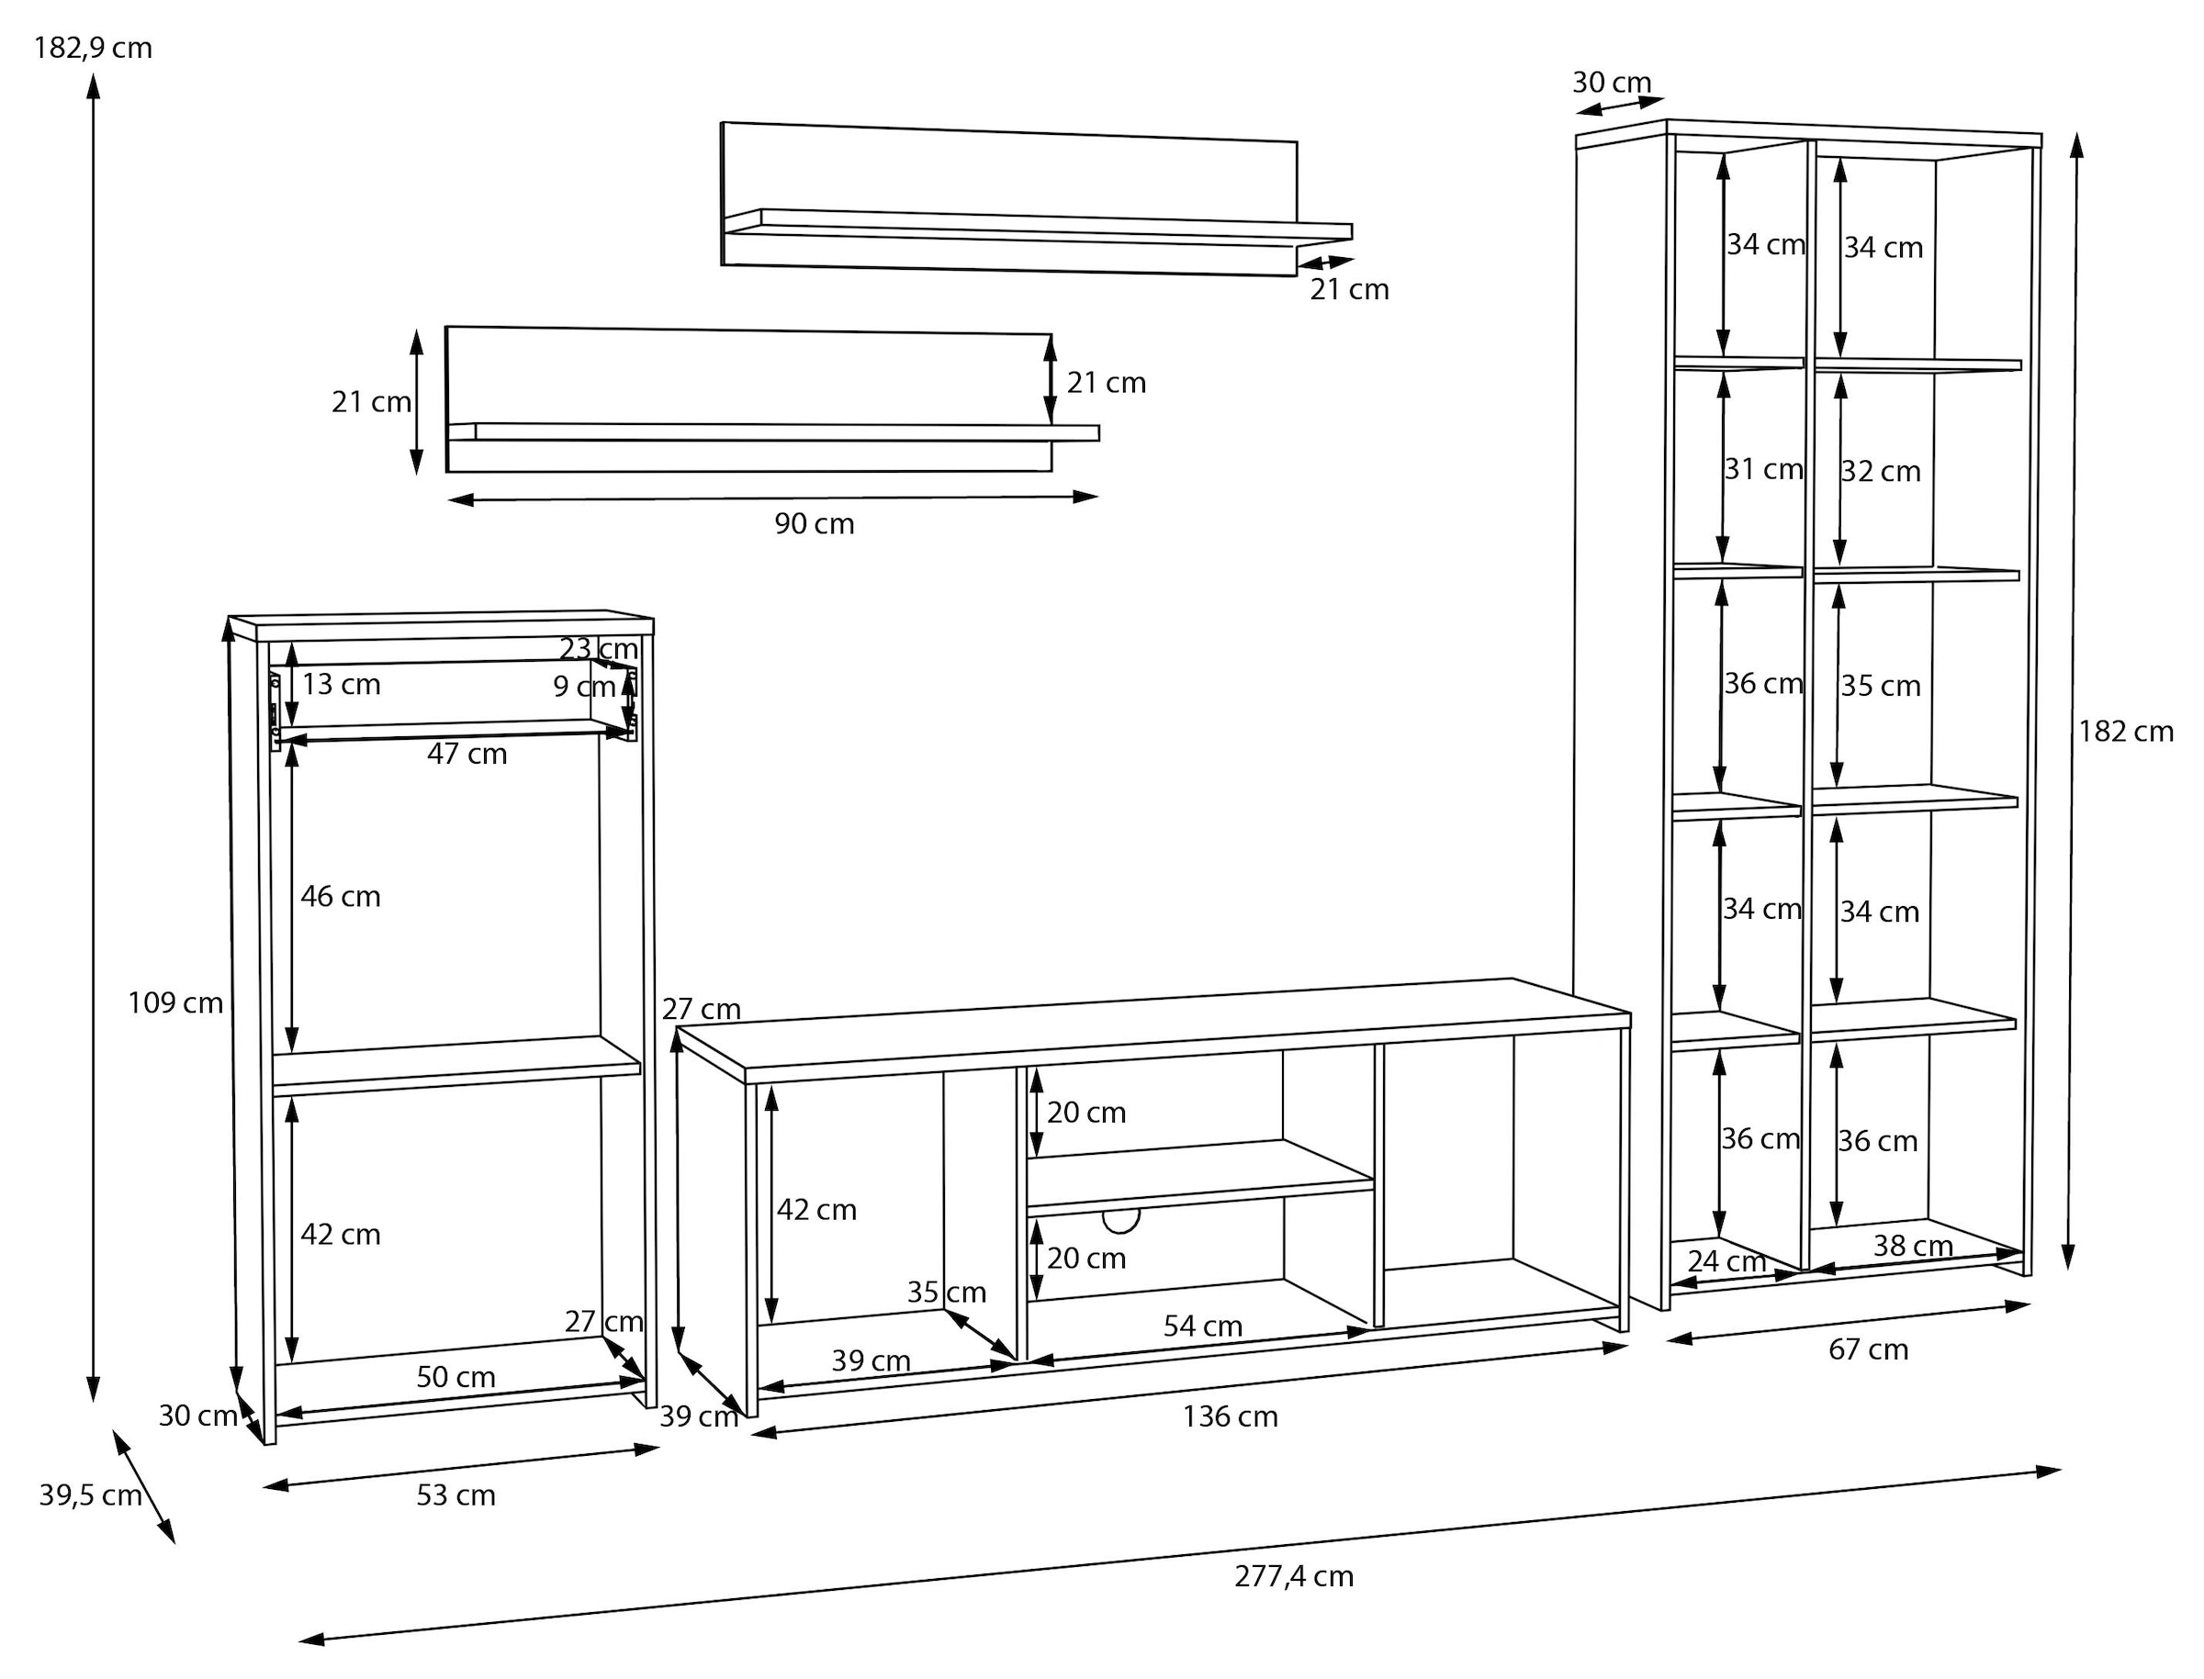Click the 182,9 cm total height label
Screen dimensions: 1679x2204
pos(93,47)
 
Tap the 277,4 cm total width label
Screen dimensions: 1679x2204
pos(1293,1576)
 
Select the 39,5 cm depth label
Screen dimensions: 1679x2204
pos(90,1495)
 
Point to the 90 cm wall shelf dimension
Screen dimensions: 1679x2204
pos(814,523)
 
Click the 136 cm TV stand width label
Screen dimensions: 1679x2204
pos(1230,1416)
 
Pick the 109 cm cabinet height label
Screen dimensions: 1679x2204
pos(174,1002)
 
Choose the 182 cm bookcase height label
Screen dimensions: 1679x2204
pos(2126,732)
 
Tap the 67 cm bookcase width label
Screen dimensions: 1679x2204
pos(1867,1349)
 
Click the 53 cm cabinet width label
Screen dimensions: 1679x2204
pos(455,1495)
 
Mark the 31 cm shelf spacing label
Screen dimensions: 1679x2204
pos(1763,469)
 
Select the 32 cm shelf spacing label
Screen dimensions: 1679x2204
pos(1880,471)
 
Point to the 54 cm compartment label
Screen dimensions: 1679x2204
pos(1202,1326)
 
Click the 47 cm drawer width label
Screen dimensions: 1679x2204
pos(467,754)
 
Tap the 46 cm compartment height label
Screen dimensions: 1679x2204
pos(340,897)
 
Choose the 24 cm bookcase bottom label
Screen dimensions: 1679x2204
pos(1726,1261)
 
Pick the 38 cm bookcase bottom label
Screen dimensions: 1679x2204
pos(1912,1247)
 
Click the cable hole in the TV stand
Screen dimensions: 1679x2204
pos(1120,1220)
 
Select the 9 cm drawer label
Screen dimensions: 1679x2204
pos(584,687)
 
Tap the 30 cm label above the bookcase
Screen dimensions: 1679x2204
pos(1612,82)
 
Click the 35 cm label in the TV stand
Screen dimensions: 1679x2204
pos(946,1293)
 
